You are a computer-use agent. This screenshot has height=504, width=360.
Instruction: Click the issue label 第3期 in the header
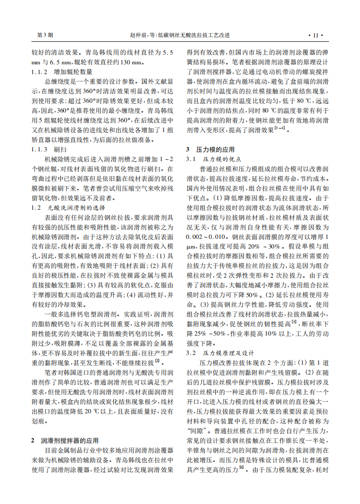coord(45,35)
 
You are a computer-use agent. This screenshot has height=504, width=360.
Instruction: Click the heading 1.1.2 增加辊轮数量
coord(62,72)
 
